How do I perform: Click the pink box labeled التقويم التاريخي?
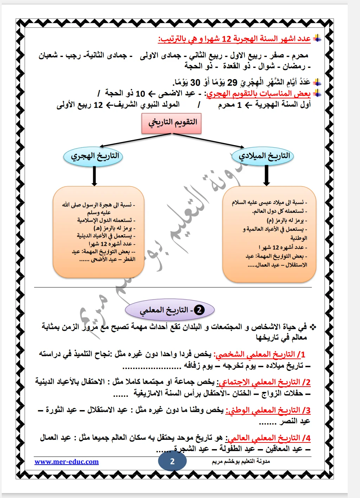pyautogui.click(x=172, y=123)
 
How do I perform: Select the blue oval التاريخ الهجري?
pyautogui.click(x=93, y=156)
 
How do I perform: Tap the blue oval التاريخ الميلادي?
pyautogui.click(x=264, y=156)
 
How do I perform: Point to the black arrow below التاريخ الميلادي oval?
pyautogui.click(x=266, y=175)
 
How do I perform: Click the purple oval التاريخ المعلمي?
pyautogui.click(x=169, y=310)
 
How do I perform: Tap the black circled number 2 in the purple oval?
pyautogui.click(x=199, y=310)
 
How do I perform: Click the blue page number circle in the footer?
pyautogui.click(x=172, y=461)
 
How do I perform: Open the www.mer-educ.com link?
pyautogui.click(x=66, y=461)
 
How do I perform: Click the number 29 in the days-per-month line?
pyautogui.click(x=232, y=83)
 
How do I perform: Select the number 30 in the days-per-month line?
pyautogui.click(x=195, y=83)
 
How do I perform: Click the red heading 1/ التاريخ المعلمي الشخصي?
pyautogui.click(x=260, y=354)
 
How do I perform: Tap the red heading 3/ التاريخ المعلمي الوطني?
pyautogui.click(x=268, y=410)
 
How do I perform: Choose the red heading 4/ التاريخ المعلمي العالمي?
pyautogui.click(x=269, y=438)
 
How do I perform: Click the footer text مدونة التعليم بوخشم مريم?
pyautogui.click(x=241, y=461)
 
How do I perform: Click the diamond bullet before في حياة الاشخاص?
pyautogui.click(x=313, y=327)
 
